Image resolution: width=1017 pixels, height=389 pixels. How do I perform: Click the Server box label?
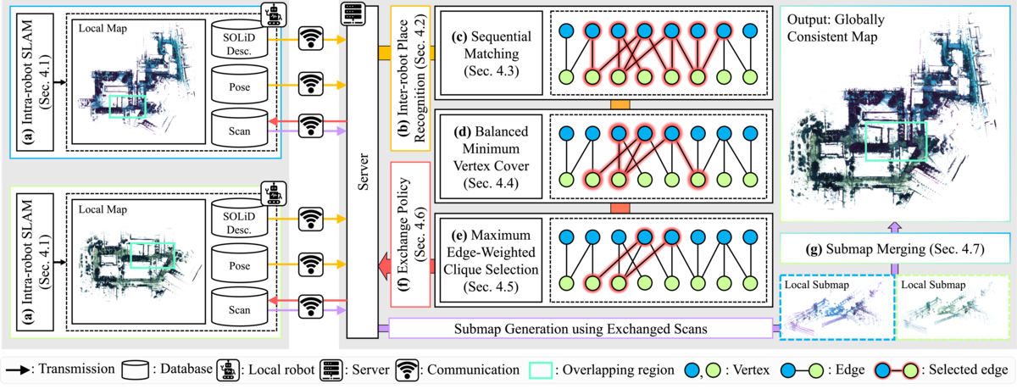(x=364, y=171)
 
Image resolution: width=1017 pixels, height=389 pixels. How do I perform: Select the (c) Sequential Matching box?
(x=492, y=53)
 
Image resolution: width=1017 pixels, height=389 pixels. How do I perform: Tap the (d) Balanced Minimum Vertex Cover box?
(x=491, y=157)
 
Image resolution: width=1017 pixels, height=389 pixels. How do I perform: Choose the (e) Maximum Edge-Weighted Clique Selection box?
(x=491, y=260)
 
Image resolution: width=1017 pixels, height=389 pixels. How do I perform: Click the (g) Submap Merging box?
(x=894, y=248)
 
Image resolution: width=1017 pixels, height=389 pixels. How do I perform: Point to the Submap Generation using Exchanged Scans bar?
(x=581, y=328)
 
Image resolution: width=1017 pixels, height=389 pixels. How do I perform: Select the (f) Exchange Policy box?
(x=410, y=234)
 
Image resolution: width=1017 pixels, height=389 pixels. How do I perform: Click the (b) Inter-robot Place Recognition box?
(x=410, y=78)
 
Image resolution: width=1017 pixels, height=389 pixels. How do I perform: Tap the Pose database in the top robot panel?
(x=239, y=85)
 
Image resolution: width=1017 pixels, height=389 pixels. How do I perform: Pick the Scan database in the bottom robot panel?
(x=239, y=307)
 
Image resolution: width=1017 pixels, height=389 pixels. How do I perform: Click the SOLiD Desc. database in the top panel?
(x=239, y=39)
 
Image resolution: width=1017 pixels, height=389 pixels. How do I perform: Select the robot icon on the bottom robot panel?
(x=273, y=194)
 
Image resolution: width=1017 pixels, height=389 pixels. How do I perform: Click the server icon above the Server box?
(x=353, y=14)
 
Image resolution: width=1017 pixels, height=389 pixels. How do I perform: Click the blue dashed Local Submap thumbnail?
(x=837, y=307)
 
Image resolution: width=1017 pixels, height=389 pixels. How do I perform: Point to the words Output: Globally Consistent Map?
(x=836, y=28)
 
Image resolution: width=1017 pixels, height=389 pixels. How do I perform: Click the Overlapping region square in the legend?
(x=541, y=370)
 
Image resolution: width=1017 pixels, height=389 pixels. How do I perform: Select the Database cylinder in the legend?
(x=136, y=370)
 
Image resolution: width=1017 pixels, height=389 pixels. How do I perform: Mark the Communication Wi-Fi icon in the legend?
(x=408, y=370)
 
